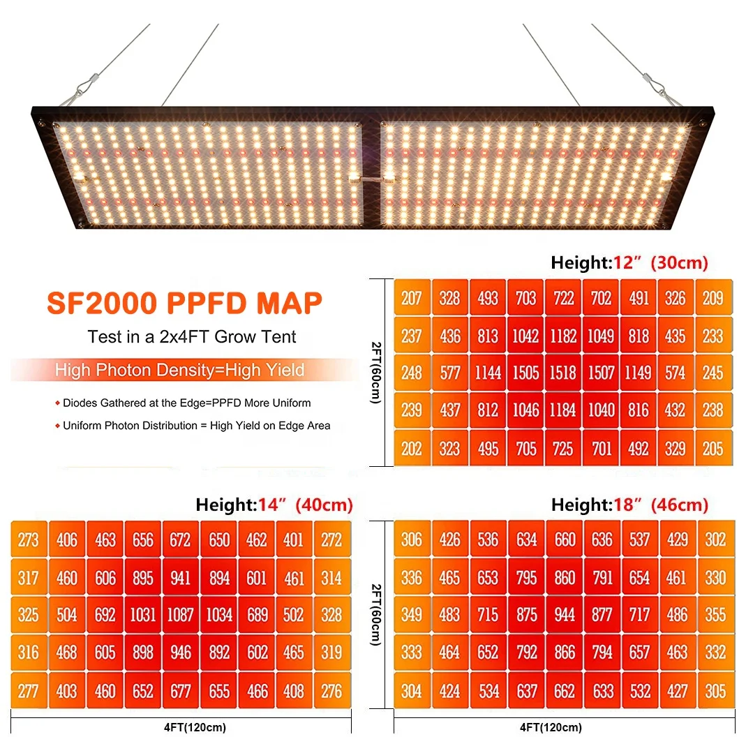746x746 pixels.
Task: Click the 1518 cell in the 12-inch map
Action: pos(563,373)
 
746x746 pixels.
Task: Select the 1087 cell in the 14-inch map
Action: pos(181,615)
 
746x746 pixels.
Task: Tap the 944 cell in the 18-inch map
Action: pos(564,615)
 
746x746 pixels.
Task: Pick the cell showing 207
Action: pos(412,298)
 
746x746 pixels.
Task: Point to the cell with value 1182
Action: pos(563,336)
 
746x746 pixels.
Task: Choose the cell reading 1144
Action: pos(488,373)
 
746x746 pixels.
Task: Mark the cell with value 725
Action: pos(563,448)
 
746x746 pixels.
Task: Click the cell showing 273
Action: pos(29,539)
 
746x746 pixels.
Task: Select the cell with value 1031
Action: pos(143,615)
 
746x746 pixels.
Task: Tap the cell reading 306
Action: pos(412,539)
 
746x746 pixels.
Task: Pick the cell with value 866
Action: pos(564,652)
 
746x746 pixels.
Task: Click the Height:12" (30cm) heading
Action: pos(629,263)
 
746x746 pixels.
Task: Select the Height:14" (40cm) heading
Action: pos(274,505)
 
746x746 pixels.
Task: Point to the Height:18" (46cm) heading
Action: pos(629,505)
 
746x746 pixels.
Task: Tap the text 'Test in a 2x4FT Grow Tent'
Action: pos(192,337)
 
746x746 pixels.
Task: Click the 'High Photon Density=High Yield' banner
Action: pos(179,370)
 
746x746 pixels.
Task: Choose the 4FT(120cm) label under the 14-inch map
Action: pos(190,728)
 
